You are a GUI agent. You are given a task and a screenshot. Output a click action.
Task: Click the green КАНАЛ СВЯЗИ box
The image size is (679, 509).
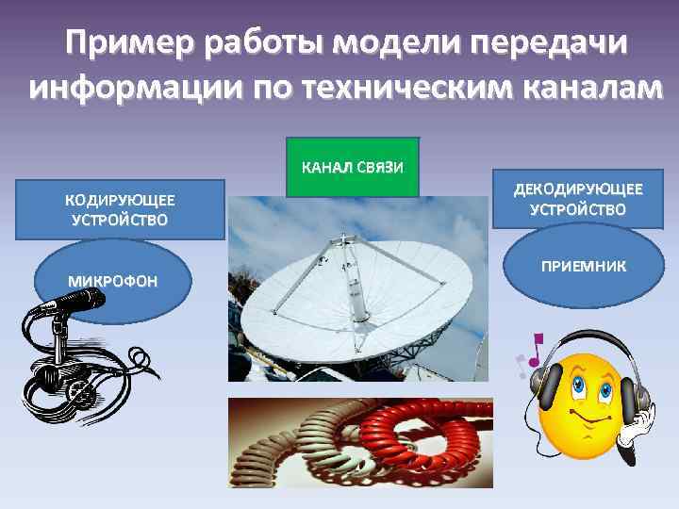tap(352, 168)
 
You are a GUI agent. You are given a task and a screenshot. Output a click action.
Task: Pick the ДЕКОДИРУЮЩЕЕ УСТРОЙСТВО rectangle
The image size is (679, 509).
tap(577, 199)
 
